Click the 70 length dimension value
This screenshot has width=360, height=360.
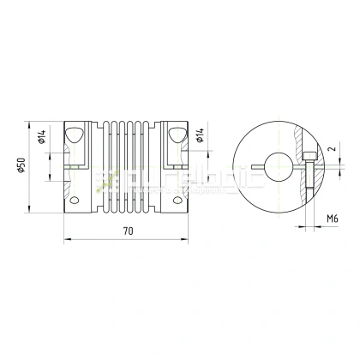coord(128,230)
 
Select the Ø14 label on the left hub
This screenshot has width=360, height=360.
coord(43,137)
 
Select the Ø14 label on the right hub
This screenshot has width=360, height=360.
coord(200,137)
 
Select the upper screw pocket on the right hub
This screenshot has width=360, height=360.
coord(179,134)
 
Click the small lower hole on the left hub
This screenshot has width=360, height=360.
coord(76,201)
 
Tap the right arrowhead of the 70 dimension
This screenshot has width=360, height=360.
coord(189,240)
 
